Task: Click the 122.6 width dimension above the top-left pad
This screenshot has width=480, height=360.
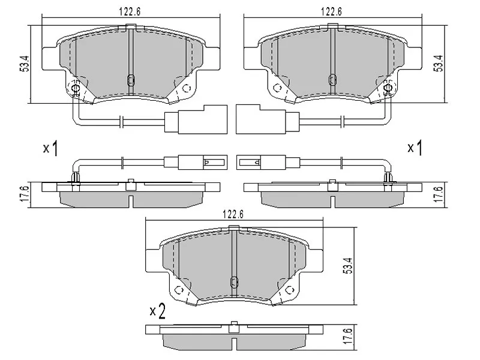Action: pyautogui.click(x=130, y=11)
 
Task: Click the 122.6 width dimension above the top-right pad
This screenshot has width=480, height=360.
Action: pyautogui.click(x=331, y=11)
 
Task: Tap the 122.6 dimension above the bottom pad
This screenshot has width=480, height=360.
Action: pyautogui.click(x=233, y=214)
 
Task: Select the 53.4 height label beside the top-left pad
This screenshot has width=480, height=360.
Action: pyautogui.click(x=24, y=64)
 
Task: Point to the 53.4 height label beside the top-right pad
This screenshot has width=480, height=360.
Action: pyautogui.click(x=439, y=64)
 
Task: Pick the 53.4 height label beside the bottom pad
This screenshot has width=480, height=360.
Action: pyautogui.click(x=349, y=266)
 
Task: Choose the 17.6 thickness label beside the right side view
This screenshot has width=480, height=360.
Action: pyautogui.click(x=439, y=194)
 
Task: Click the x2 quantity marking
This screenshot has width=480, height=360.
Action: pyautogui.click(x=157, y=311)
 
